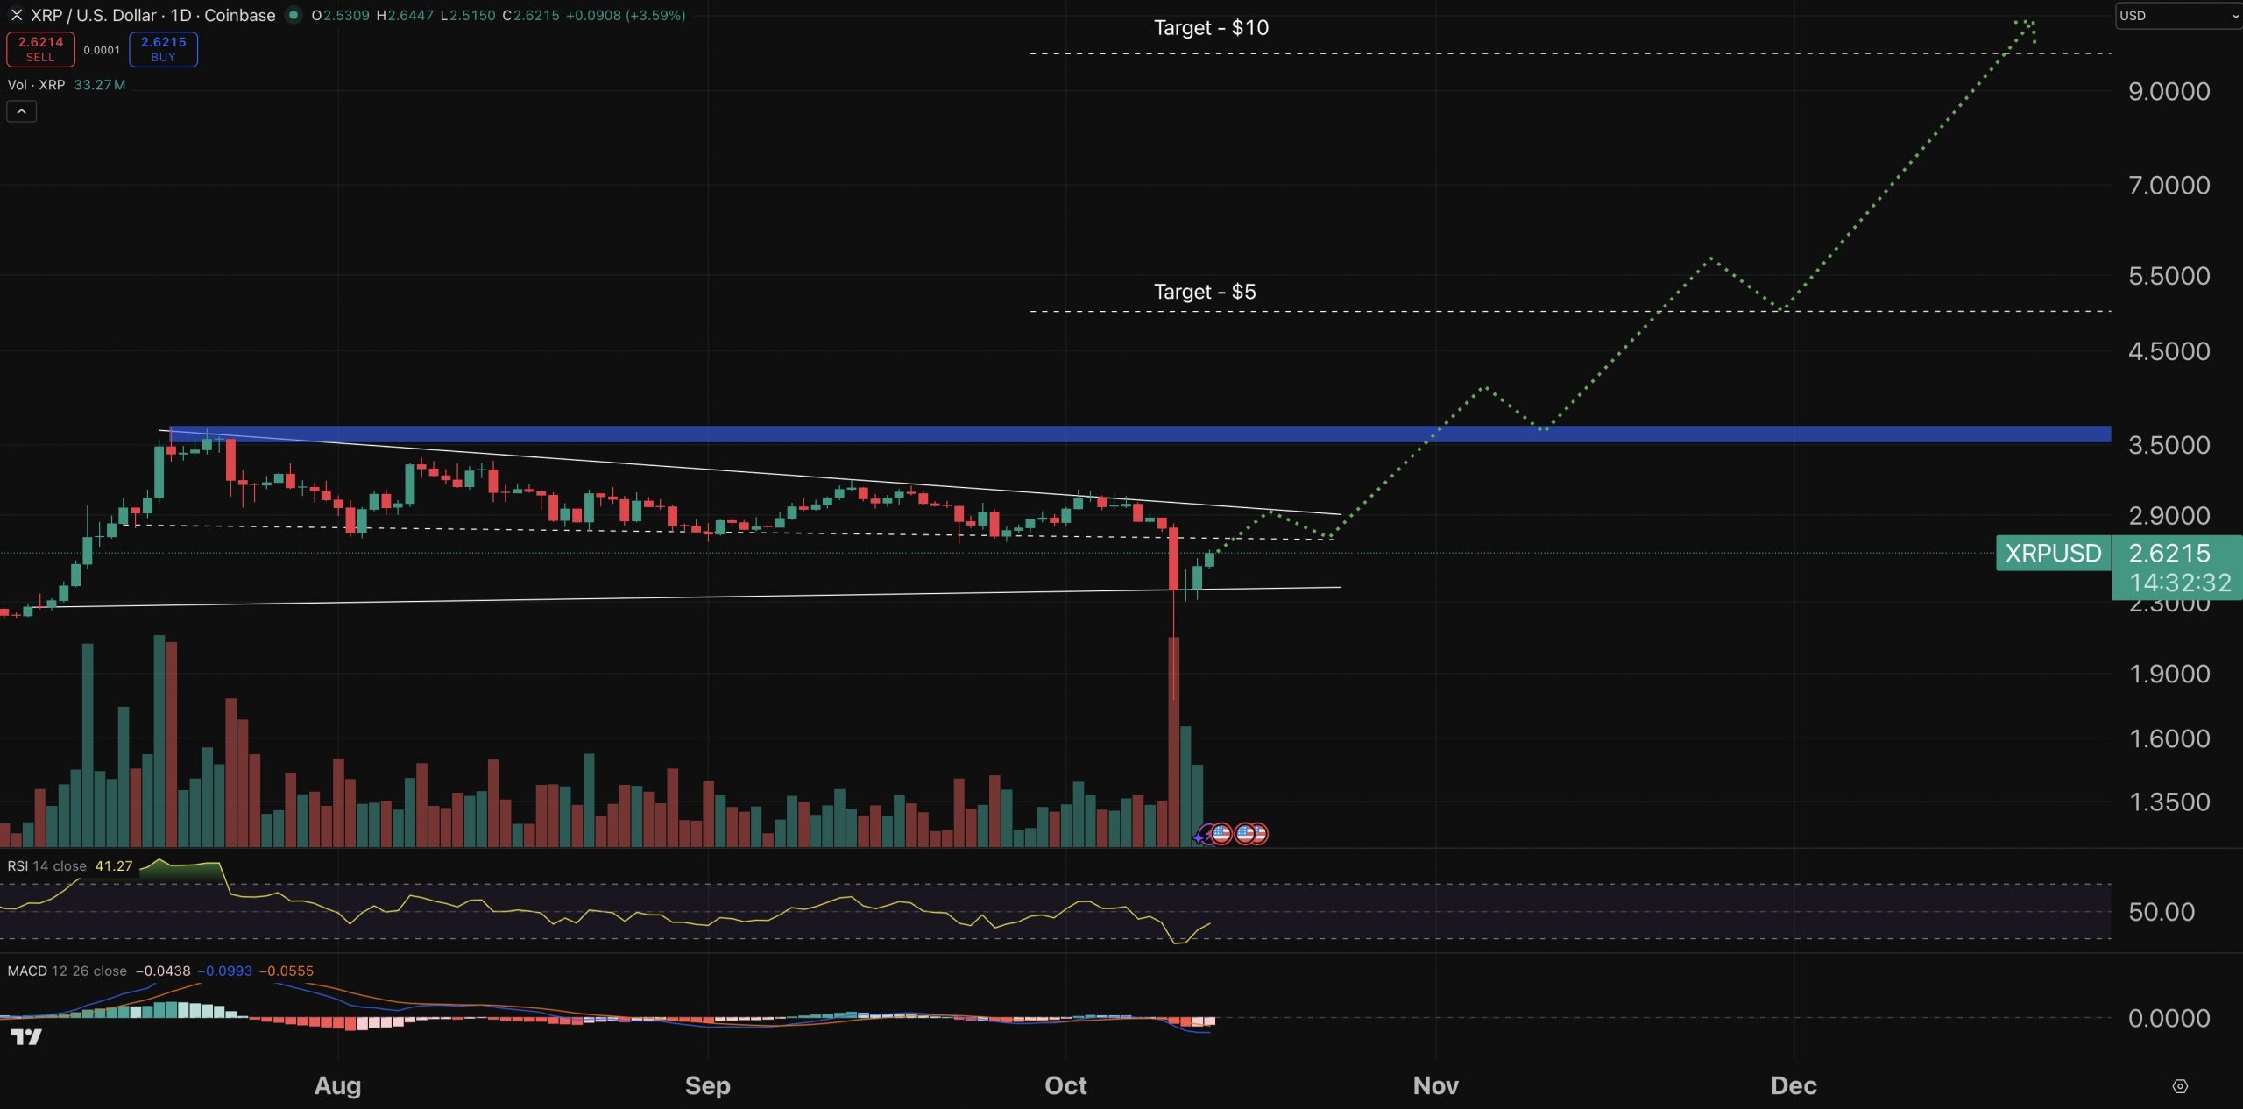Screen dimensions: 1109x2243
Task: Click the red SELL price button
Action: [x=40, y=49]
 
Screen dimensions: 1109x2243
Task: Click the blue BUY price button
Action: [x=163, y=49]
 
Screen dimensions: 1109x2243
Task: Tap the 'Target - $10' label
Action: [x=1211, y=28]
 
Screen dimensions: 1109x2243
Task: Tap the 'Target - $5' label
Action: [x=1205, y=292]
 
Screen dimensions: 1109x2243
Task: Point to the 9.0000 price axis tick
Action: [x=2169, y=91]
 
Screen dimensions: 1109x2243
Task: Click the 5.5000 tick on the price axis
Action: [x=2169, y=276]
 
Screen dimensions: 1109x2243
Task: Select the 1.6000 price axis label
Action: [x=2169, y=738]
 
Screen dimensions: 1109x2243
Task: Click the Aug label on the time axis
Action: [x=337, y=1085]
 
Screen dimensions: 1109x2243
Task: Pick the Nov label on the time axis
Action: [x=1435, y=1085]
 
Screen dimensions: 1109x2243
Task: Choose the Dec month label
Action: [x=1794, y=1085]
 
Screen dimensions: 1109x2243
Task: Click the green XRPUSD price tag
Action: [x=2053, y=554]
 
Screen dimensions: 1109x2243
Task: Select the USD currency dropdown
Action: [x=2178, y=16]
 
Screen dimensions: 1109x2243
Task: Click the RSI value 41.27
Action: [x=114, y=866]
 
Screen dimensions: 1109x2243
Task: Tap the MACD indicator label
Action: [x=27, y=971]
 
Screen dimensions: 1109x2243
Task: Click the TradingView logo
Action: [x=26, y=1037]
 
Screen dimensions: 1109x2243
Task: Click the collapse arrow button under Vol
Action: [x=21, y=111]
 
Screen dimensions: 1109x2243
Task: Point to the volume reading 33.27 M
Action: [x=100, y=85]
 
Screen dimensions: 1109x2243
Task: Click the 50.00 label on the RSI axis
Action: [x=2162, y=912]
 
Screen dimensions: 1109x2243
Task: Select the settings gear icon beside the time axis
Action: [x=2180, y=1086]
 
